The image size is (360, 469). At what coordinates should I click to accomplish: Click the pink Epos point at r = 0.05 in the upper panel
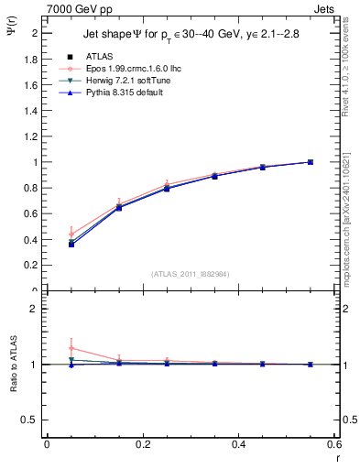pyautogui.click(x=71, y=234)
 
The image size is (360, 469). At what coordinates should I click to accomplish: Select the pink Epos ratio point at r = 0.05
pyautogui.click(x=71, y=348)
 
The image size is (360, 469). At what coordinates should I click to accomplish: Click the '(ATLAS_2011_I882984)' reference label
pyautogui.click(x=190, y=274)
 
